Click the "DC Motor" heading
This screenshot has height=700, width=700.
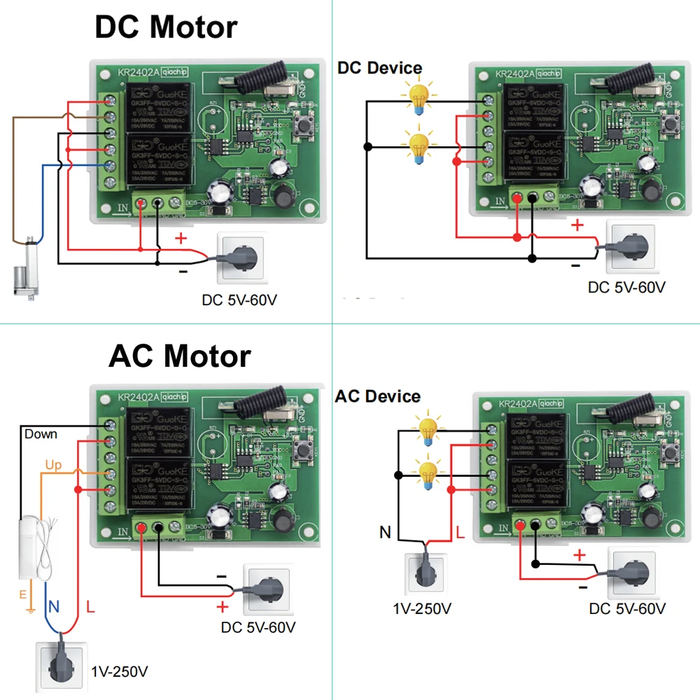tap(166, 28)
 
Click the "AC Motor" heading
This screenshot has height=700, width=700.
tap(179, 356)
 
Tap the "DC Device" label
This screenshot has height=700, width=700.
tap(379, 68)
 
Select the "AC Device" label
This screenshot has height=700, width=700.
tap(377, 396)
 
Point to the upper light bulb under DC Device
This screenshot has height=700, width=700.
tap(419, 97)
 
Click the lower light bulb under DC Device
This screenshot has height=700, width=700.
tap(419, 148)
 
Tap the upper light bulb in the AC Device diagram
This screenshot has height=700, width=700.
tap(428, 428)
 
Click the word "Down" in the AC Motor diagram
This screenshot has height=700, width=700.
tap(41, 434)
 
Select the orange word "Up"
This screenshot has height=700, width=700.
tap(53, 465)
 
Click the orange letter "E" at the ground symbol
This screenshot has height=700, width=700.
tap(22, 595)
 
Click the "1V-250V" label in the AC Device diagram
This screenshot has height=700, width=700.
tap(422, 608)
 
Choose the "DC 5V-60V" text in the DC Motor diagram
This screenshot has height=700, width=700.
tap(240, 300)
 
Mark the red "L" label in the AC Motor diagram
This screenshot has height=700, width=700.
tap(90, 606)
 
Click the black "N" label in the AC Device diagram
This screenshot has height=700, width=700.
tap(385, 533)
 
